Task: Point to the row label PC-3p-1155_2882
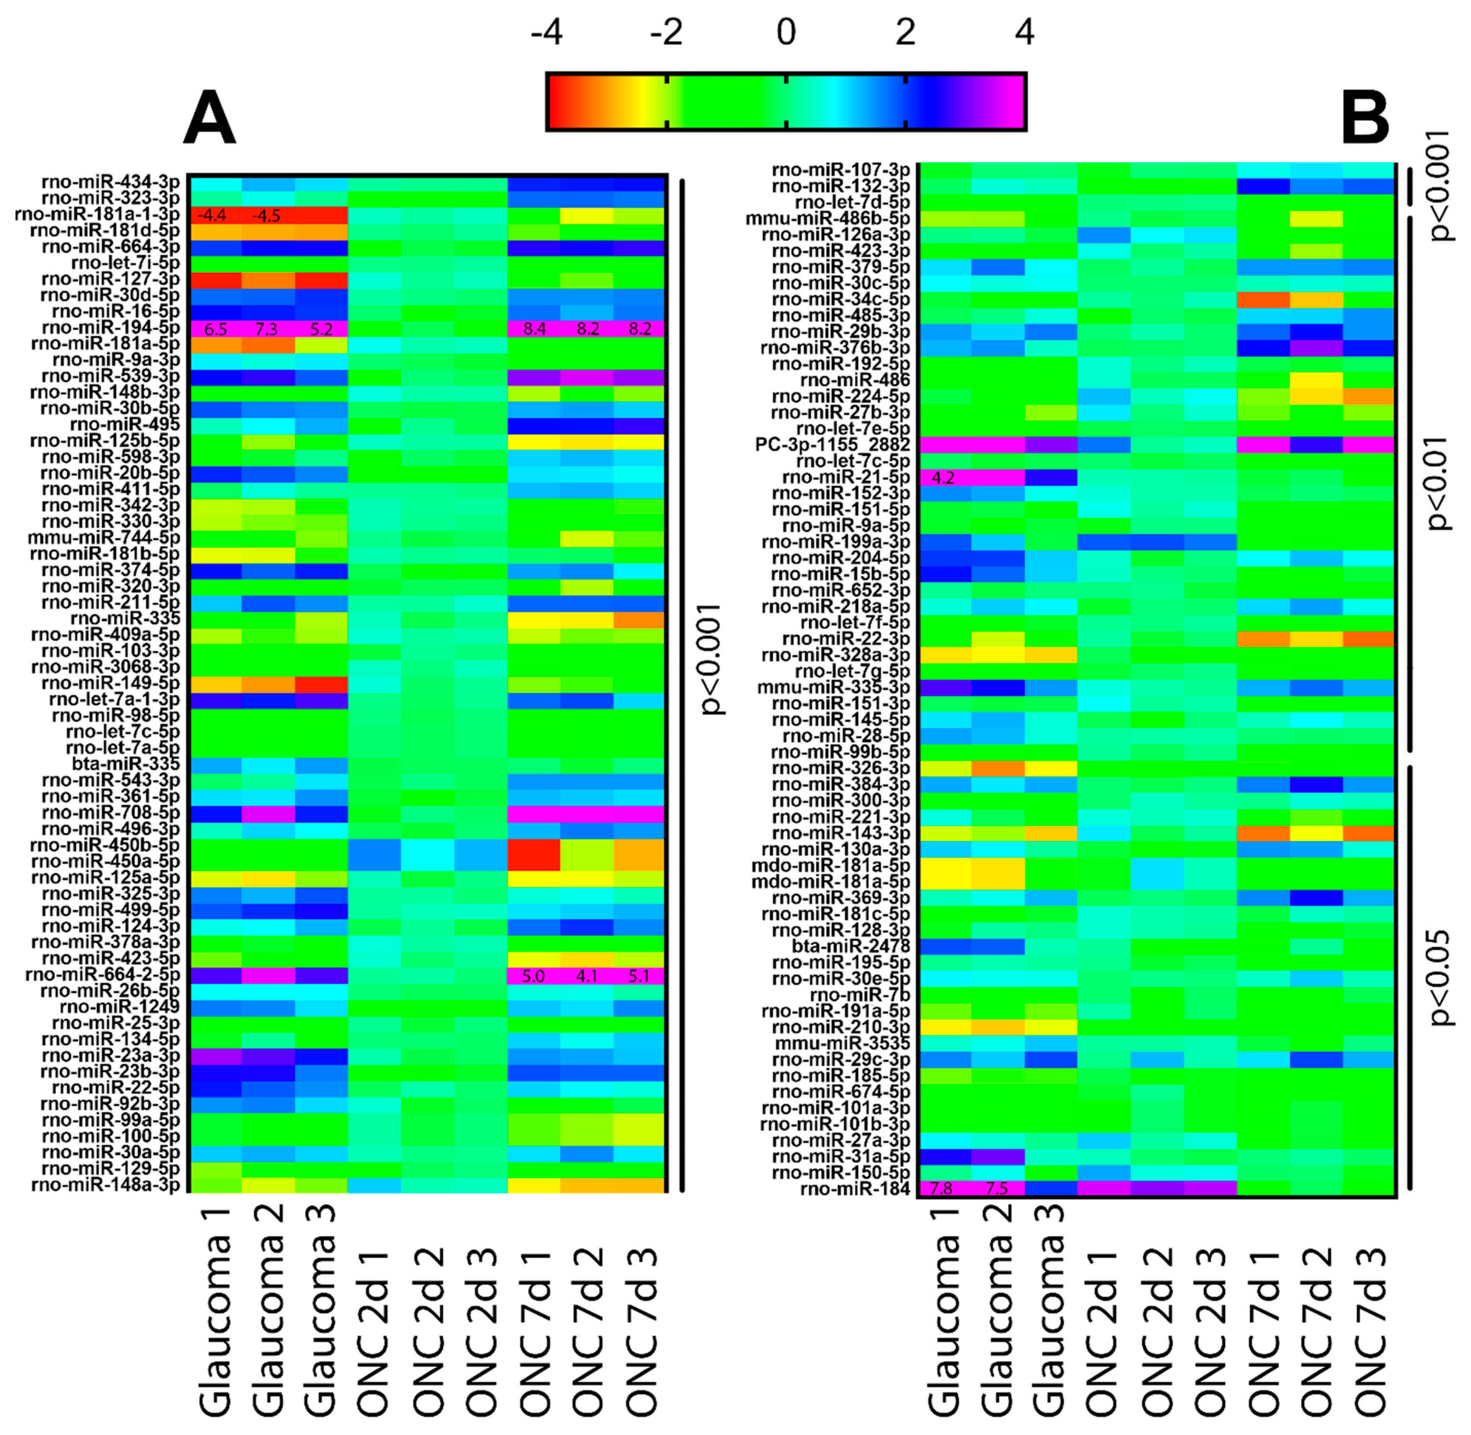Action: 832,445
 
